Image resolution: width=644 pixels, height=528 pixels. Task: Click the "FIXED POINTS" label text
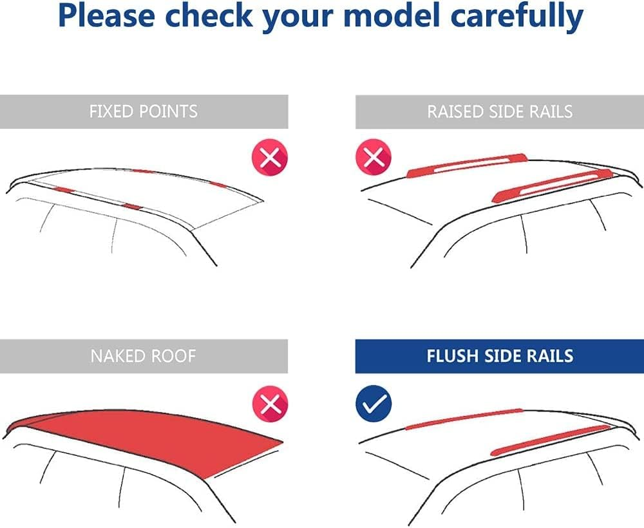point(144,111)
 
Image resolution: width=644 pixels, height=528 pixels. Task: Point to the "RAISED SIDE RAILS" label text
point(500,111)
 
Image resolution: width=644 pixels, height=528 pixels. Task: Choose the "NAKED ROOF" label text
point(144,356)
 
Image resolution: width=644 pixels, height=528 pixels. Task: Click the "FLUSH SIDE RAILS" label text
point(500,356)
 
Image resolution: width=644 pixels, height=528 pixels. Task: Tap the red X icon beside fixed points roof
point(270,157)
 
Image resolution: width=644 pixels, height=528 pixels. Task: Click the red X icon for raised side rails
point(374,157)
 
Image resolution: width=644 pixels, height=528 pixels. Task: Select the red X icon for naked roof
point(270,404)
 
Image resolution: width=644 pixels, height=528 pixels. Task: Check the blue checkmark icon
point(374,404)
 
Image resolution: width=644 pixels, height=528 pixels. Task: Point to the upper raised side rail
point(467,165)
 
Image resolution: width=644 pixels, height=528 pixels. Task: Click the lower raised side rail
point(553,186)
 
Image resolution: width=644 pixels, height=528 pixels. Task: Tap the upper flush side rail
point(464,419)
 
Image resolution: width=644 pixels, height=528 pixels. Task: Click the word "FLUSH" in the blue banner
point(453,356)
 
